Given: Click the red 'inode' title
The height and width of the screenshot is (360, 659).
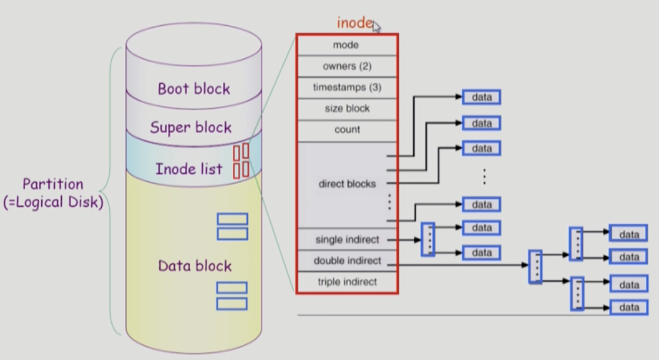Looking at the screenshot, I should click(x=355, y=23).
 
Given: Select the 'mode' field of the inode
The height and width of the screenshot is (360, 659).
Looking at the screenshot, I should click(x=346, y=45).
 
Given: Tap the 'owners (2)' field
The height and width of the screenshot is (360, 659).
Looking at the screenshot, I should click(x=347, y=66).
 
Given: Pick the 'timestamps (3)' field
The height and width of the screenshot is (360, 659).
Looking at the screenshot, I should click(x=347, y=87).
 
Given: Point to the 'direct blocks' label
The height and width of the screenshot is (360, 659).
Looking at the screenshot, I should click(x=347, y=184).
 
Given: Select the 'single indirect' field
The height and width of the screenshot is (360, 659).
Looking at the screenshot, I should click(x=347, y=240).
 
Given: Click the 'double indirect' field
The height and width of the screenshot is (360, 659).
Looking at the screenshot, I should click(x=347, y=261).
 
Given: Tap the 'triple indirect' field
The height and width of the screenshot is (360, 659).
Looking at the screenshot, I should click(x=347, y=282).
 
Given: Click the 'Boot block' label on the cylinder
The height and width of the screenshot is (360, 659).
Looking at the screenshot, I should click(x=194, y=89).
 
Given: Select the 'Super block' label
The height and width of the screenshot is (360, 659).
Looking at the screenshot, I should click(x=191, y=127).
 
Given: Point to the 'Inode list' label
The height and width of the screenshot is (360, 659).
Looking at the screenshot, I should click(x=189, y=169).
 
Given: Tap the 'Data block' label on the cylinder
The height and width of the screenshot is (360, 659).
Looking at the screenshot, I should click(x=195, y=265).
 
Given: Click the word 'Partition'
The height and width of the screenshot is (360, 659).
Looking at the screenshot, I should click(x=53, y=184).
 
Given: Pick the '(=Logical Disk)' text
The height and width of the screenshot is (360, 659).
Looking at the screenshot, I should click(x=53, y=202).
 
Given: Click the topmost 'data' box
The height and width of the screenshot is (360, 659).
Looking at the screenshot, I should click(x=481, y=97).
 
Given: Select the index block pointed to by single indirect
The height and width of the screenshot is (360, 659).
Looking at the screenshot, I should click(x=428, y=240).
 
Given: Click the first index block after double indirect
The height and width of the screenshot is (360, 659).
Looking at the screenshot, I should click(x=536, y=267).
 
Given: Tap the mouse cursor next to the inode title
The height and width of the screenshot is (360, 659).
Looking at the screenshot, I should click(x=377, y=26).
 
